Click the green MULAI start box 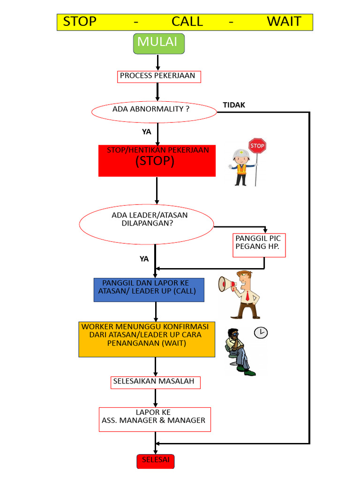[159, 43]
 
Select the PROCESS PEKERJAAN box [158, 76]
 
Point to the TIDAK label [234, 105]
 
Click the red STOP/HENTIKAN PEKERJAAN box [157, 161]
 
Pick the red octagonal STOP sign [257, 146]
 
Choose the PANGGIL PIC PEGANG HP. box [259, 245]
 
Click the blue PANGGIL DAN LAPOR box [149, 290]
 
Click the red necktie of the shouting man [247, 295]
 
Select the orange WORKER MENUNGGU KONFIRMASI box [147, 339]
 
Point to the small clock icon [261, 332]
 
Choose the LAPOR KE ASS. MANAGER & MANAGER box [155, 419]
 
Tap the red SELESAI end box [155, 460]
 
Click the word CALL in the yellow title [187, 22]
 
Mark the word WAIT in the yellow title [284, 22]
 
